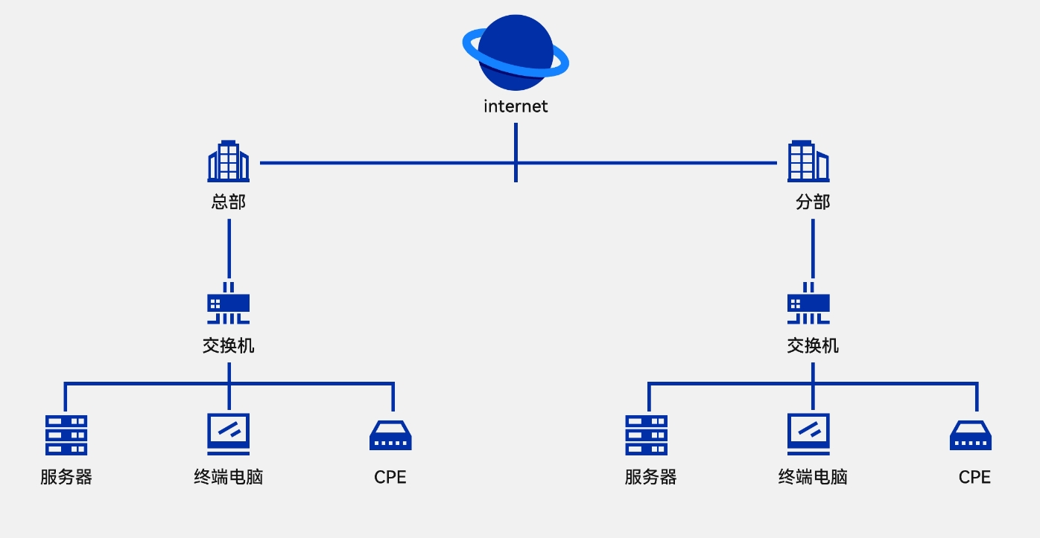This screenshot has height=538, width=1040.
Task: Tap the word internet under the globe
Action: coord(516,106)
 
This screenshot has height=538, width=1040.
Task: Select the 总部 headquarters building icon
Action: coord(229,161)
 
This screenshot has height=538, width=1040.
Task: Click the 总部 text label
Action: coord(229,202)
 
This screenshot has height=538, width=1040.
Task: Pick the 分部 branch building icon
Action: coord(808,161)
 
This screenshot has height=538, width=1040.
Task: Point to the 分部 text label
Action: coord(813,202)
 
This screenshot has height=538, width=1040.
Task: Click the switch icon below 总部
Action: coord(229,304)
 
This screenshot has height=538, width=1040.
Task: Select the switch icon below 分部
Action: coord(808,304)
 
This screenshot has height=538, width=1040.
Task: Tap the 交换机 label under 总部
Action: coord(229,345)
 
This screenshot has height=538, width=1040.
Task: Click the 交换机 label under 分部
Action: coord(813,345)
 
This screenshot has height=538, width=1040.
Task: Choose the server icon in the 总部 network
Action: coord(66,435)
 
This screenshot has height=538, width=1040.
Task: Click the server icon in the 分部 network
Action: coord(646,435)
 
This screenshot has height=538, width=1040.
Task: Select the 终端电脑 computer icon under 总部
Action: coord(229,434)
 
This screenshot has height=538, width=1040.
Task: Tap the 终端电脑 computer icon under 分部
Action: coord(808,434)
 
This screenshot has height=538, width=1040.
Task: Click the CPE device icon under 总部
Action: coord(390,436)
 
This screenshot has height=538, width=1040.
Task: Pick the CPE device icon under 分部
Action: coord(971,436)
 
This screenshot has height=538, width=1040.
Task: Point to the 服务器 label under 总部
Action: coord(66,477)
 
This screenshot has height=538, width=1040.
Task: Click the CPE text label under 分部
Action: coord(974,477)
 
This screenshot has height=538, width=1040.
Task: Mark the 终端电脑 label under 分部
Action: coord(813,477)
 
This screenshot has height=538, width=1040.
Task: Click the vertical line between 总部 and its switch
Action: coord(229,248)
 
